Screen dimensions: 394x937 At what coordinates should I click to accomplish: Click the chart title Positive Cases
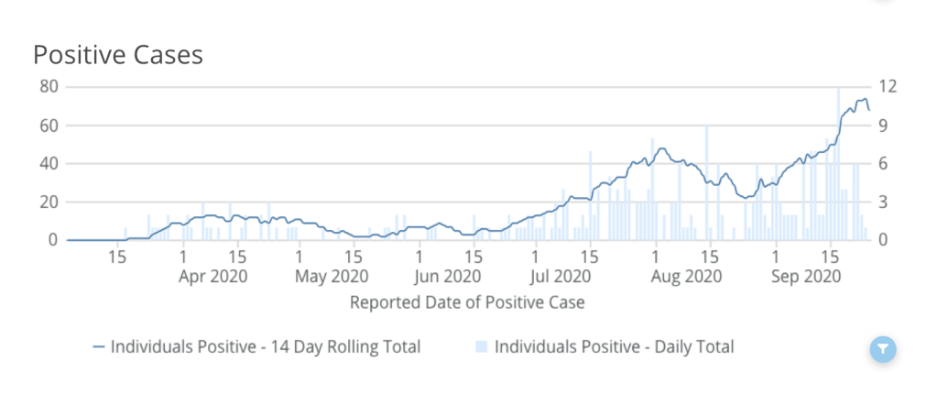coord(118,55)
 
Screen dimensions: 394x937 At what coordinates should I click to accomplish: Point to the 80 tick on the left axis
coord(49,87)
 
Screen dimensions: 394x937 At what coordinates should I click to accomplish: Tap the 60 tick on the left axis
coord(49,126)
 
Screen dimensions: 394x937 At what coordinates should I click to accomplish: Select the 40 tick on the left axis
coord(49,164)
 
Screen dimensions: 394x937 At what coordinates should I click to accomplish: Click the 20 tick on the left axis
coord(49,202)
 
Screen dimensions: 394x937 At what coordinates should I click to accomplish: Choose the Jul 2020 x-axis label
coord(561,275)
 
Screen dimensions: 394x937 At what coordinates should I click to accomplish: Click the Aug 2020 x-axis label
coord(681,275)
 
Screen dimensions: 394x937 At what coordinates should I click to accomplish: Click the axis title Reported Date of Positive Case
coord(467,301)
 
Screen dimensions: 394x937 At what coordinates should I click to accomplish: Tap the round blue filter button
coord(883,348)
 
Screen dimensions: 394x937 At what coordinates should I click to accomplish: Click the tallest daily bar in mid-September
coord(838,165)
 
